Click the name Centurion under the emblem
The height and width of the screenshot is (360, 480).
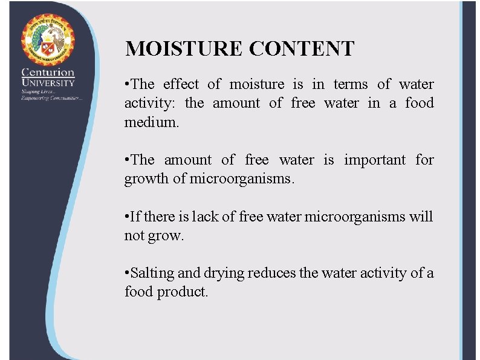click(48, 73)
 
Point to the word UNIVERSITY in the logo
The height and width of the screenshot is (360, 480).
click(48, 82)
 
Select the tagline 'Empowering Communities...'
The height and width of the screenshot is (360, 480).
click(51, 98)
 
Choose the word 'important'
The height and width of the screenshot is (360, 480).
click(375, 160)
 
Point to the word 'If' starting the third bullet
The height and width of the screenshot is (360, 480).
click(134, 217)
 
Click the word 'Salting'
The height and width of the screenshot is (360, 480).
click(151, 273)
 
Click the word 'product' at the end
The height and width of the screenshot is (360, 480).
click(183, 292)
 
